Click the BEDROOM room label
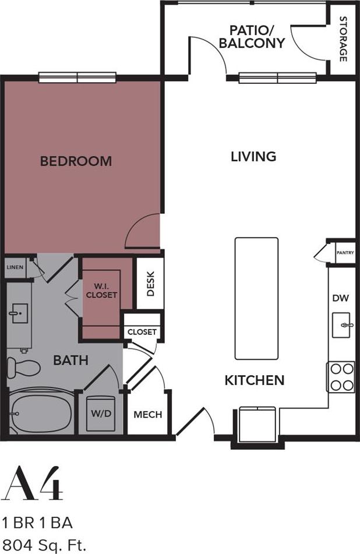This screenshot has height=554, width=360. [76, 161]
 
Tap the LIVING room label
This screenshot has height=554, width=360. [253, 157]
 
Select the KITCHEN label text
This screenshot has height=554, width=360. [255, 381]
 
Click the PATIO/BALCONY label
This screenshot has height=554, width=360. [256, 37]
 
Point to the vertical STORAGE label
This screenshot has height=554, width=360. [343, 39]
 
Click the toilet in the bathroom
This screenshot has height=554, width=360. [23, 368]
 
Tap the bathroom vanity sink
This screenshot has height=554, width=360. [19, 315]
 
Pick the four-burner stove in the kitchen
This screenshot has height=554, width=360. [341, 377]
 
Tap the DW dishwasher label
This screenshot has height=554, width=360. [340, 298]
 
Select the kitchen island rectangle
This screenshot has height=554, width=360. [256, 298]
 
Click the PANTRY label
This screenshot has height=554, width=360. [345, 253]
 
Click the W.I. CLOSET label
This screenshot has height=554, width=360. [101, 291]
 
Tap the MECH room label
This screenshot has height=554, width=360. [148, 415]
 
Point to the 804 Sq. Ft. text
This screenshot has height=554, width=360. [44, 546]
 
